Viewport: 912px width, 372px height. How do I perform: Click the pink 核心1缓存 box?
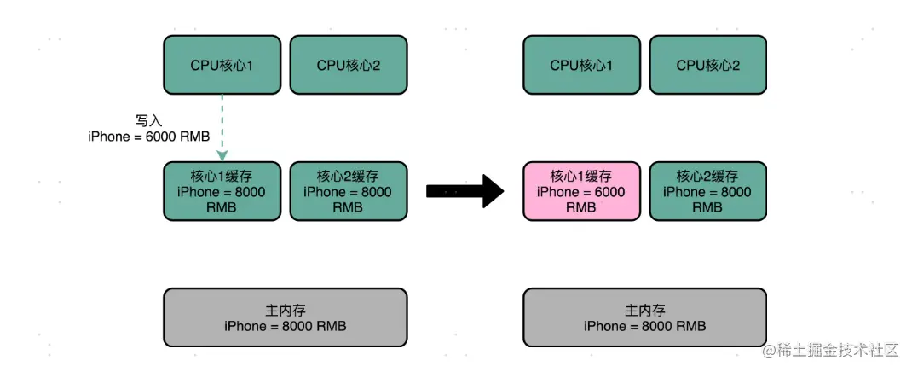[581, 191]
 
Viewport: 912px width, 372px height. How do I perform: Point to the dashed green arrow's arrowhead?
[222, 155]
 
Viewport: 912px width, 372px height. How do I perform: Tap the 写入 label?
[148, 122]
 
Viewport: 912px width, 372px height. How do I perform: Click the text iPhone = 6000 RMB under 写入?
[148, 137]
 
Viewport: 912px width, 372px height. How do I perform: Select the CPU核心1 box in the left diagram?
[222, 65]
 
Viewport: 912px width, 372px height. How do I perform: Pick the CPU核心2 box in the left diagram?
[348, 65]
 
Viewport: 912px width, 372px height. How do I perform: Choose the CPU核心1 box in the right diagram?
[581, 65]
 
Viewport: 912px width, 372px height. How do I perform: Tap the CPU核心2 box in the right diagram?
[707, 65]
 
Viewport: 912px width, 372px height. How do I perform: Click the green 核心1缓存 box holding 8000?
[222, 191]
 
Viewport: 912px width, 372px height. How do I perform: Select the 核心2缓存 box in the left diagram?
[348, 191]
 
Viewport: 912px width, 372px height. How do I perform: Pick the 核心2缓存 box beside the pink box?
[707, 191]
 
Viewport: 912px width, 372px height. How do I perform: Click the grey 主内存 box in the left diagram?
[285, 317]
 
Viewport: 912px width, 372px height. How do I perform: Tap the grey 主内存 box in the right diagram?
[644, 317]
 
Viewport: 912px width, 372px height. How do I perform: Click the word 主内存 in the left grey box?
[285, 310]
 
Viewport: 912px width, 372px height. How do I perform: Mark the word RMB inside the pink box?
[581, 207]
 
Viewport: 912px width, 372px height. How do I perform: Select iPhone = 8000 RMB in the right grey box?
[644, 326]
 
